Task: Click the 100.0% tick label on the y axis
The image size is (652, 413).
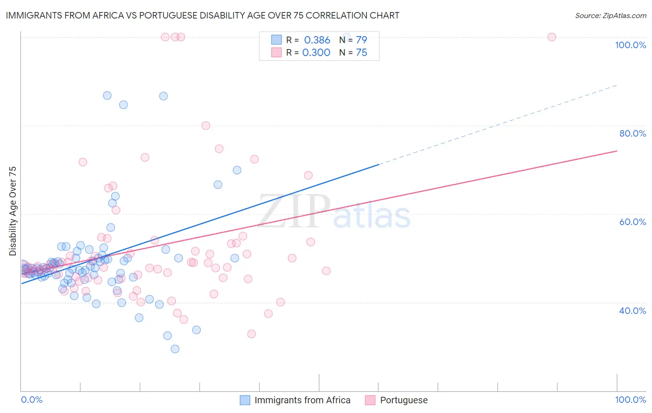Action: [x=630, y=45]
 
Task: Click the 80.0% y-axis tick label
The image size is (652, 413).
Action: [x=633, y=133]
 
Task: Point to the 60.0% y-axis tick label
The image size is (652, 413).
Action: [x=633, y=222]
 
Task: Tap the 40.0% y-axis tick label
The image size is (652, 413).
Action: [x=633, y=311]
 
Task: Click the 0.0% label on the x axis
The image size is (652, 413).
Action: [x=32, y=400]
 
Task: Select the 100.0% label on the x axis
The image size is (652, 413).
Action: [x=630, y=400]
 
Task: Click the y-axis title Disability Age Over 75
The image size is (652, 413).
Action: [x=13, y=211]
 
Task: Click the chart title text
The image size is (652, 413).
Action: [x=202, y=15]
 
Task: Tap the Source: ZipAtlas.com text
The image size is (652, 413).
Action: [x=610, y=15]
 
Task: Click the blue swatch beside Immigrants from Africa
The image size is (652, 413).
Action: [x=245, y=400]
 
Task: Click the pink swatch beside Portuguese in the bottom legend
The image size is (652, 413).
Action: [x=370, y=400]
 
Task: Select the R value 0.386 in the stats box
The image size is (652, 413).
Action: [x=317, y=40]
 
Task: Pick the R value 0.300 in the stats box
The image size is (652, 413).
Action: [x=316, y=52]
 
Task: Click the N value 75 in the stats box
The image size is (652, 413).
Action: [x=361, y=52]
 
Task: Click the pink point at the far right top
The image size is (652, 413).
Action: [x=551, y=37]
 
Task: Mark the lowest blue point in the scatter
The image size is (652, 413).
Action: [x=175, y=349]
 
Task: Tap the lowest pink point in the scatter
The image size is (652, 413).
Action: [x=251, y=334]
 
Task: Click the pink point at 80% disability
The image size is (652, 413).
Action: [x=205, y=125]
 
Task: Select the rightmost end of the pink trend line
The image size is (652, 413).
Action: [x=617, y=151]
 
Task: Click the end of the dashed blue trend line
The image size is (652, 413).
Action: [x=617, y=85]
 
